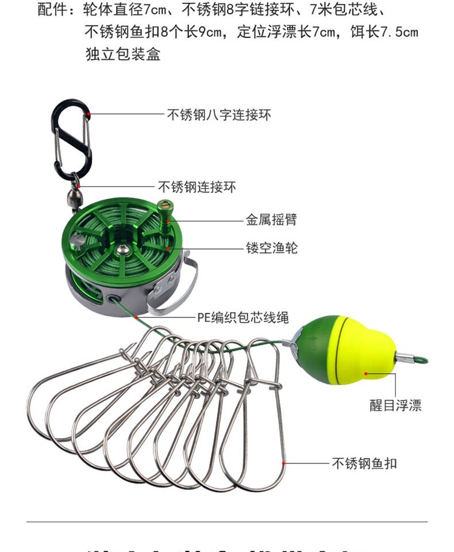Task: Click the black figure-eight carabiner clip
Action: click(72, 138)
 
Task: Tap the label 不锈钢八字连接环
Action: click(219, 115)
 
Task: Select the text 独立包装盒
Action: click(122, 54)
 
